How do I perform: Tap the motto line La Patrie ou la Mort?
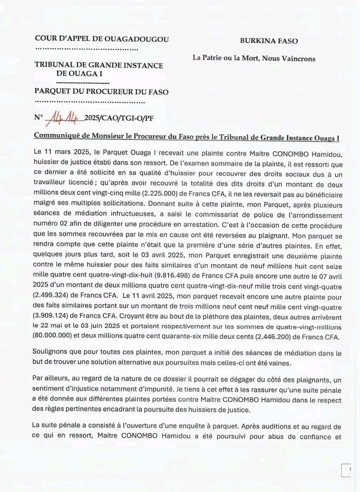[x=254, y=58]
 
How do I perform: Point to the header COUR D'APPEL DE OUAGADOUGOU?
[x=102, y=39]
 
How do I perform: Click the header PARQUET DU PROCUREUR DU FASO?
[x=101, y=91]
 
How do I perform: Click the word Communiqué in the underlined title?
[x=56, y=136]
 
